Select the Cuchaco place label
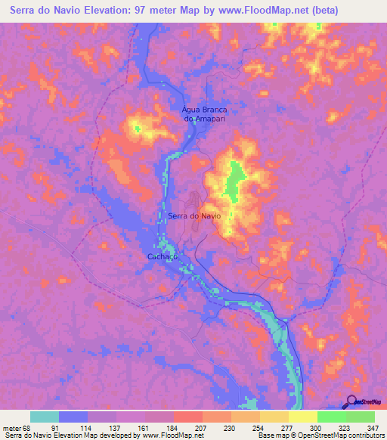[162, 257]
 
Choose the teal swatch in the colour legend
[45, 417]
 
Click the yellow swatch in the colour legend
[303, 417]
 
